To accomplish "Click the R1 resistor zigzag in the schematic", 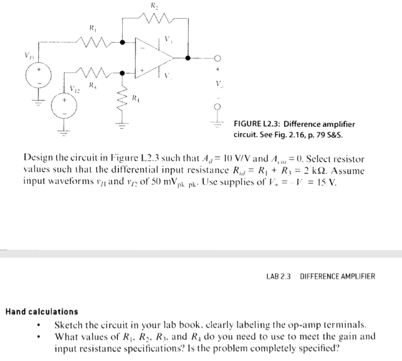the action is tap(93, 41).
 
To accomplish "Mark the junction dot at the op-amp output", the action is tap(188, 58).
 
